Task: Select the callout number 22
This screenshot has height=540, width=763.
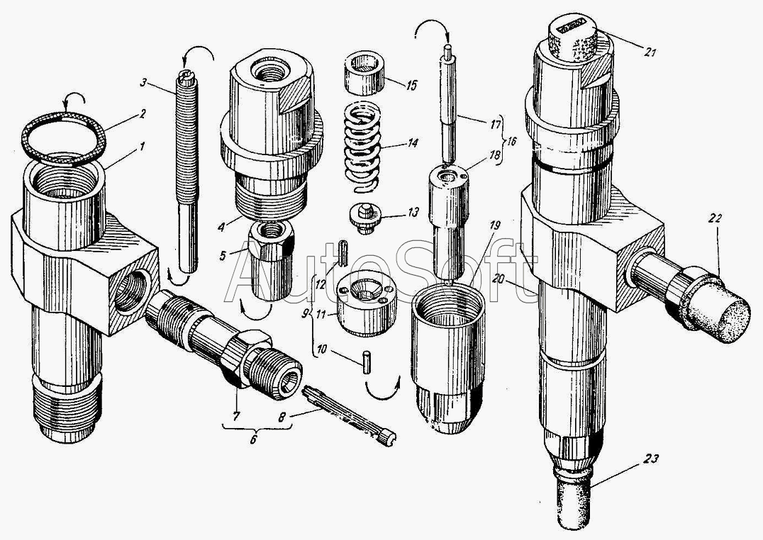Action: tap(713, 220)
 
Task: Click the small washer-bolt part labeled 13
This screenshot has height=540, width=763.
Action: tap(367, 216)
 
